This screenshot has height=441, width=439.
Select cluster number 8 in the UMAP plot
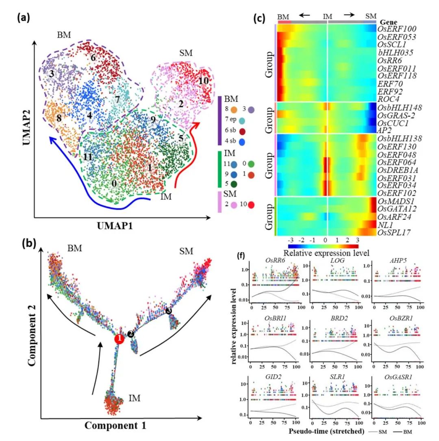coord(59,119)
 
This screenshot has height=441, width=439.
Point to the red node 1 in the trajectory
coord(119,339)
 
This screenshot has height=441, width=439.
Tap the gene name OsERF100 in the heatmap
coord(397,29)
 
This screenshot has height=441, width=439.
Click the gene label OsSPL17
coord(393,233)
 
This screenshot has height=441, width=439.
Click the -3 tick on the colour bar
coord(291,240)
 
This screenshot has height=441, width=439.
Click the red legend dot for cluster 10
coord(251,205)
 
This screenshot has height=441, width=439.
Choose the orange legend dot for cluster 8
coord(233,109)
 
